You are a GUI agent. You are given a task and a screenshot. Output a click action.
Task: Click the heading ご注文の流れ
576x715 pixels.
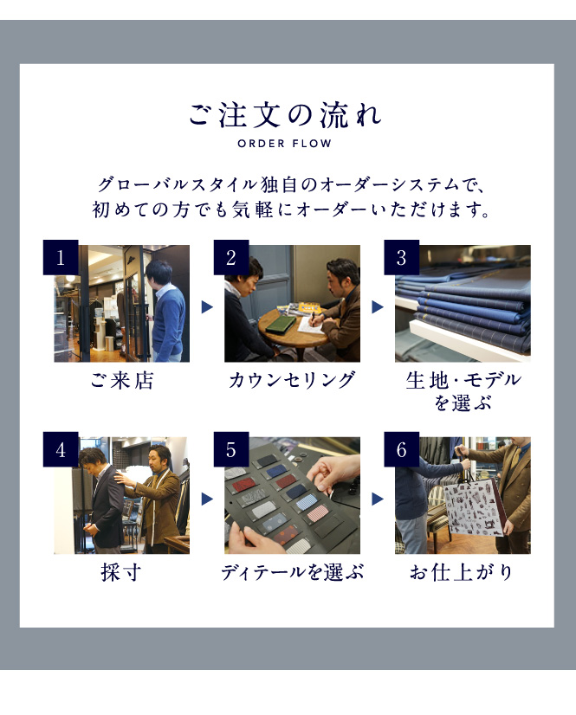[285, 114]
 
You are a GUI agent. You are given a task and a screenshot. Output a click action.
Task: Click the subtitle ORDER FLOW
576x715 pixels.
[284, 144]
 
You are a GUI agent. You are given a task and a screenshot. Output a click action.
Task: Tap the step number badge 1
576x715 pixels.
[61, 257]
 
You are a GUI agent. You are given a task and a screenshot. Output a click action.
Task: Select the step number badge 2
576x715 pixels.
[231, 257]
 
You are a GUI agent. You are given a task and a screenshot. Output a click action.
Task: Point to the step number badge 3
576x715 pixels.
[401, 257]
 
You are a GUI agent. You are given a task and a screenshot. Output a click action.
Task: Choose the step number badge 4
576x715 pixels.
[61, 449]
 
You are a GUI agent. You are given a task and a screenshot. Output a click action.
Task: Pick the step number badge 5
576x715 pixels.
[231, 449]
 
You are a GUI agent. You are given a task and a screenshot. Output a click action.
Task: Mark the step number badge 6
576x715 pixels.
[401, 449]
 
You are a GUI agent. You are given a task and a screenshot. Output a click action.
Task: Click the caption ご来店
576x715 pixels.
[122, 380]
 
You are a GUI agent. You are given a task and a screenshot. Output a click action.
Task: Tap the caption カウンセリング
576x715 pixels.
[292, 380]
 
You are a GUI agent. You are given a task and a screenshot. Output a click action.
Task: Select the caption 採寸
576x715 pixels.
[121, 572]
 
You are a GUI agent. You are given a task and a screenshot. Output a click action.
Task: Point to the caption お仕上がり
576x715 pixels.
[462, 572]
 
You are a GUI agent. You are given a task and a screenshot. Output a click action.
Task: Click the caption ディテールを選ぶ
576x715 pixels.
[293, 572]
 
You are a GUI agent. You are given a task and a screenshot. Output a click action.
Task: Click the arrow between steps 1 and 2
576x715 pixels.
[207, 307]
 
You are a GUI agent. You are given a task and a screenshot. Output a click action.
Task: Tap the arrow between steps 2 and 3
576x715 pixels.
[378, 307]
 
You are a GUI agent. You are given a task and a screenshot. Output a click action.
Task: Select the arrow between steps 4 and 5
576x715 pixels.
[207, 499]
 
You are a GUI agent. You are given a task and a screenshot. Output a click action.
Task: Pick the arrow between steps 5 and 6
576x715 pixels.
[378, 499]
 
